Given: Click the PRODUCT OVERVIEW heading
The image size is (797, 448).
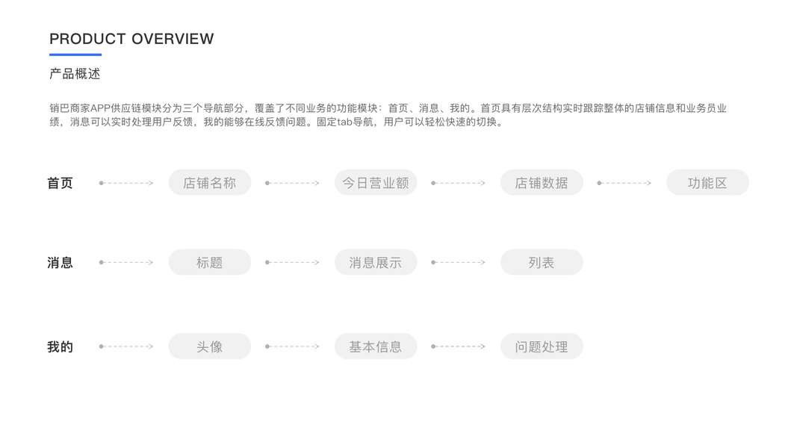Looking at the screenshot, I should click(131, 39).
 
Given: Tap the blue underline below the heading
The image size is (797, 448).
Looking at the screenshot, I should click(75, 55).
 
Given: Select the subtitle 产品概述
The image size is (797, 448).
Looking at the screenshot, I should click(75, 74).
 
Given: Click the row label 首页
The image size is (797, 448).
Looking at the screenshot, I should click(60, 183).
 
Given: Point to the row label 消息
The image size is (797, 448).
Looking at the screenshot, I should click(60, 263).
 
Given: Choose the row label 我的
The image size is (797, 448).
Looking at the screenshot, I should click(60, 347).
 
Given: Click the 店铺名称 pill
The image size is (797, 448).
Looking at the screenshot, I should click(209, 183).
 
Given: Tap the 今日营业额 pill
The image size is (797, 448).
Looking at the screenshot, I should click(375, 183).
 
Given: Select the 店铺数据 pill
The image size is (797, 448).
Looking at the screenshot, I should click(541, 183).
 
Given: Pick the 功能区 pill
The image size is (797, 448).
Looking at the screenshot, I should click(707, 183).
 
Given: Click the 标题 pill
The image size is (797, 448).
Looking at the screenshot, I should click(209, 263).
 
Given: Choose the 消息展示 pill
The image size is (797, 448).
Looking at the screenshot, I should click(375, 263).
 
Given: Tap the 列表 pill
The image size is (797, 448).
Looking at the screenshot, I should click(541, 263).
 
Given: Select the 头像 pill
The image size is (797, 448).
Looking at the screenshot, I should click(209, 346).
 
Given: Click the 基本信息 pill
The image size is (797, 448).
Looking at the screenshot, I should click(375, 346).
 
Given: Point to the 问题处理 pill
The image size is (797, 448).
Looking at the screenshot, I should click(541, 346).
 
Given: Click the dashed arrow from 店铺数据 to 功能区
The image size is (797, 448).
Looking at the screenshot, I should click(624, 183).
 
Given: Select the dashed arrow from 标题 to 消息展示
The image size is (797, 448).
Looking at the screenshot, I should click(293, 263).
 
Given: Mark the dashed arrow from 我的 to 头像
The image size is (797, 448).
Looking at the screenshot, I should click(127, 346).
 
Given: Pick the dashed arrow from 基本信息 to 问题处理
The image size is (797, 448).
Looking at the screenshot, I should click(459, 346).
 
